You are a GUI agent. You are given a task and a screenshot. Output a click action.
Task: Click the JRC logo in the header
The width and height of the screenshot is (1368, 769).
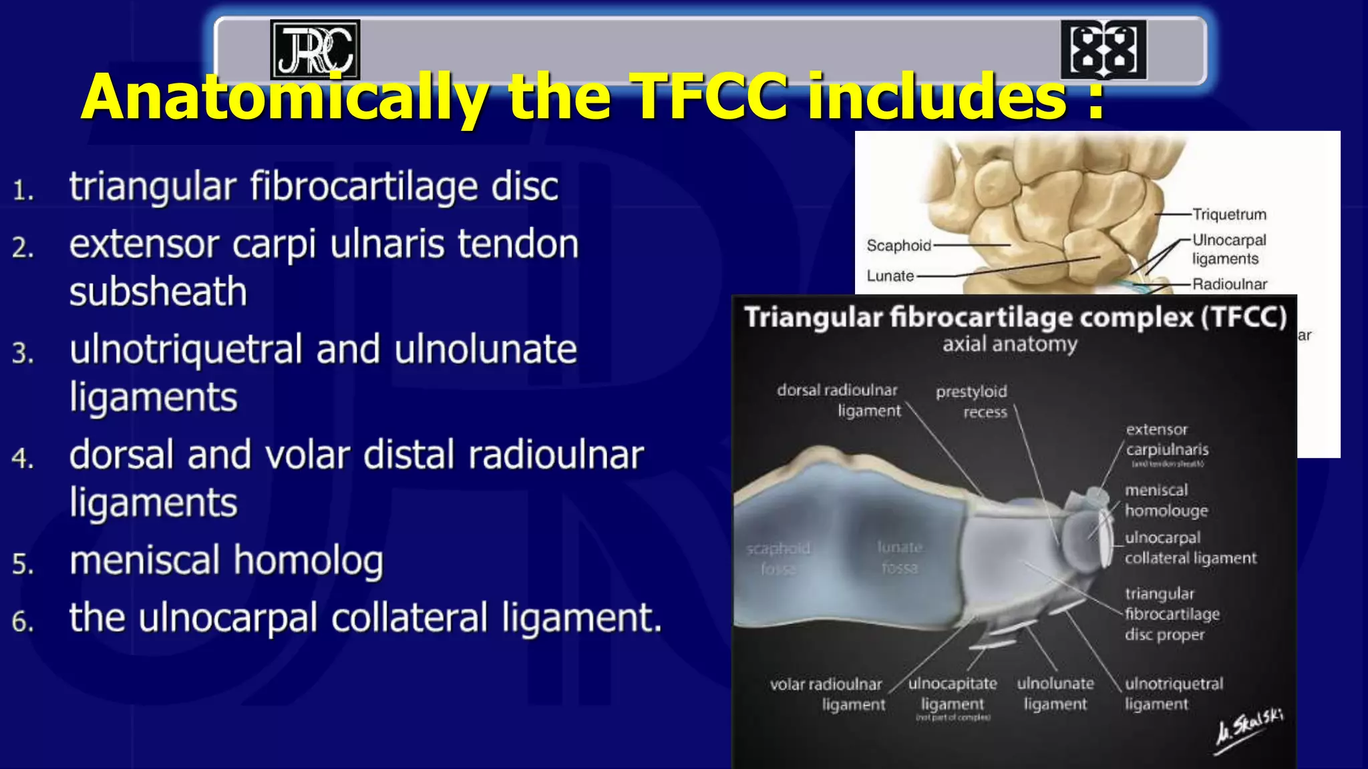315,49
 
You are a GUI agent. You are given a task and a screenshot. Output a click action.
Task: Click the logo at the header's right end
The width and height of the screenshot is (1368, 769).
1103,50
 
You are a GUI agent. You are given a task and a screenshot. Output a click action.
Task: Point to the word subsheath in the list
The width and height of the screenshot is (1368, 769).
158,292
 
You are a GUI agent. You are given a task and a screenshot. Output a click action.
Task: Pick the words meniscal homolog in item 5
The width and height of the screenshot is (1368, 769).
226,560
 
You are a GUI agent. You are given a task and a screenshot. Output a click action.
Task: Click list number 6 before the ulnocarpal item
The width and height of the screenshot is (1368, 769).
22,621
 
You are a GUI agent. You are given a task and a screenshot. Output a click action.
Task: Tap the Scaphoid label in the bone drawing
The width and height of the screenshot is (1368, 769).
898,246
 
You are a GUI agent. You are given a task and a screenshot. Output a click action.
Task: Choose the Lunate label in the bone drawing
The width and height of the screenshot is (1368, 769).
890,276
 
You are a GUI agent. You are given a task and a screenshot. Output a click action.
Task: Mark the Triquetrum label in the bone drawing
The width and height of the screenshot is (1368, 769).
1229,214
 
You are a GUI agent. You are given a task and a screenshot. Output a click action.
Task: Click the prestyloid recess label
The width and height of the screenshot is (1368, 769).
972,401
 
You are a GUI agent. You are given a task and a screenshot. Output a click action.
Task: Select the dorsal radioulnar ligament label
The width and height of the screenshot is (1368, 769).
838,400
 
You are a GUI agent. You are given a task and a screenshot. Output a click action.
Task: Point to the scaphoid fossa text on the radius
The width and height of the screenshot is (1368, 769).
778,558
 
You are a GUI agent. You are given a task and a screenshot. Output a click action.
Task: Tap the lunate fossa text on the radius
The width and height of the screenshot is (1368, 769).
900,557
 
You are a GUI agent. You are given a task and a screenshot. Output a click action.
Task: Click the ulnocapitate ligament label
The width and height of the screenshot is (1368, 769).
953,694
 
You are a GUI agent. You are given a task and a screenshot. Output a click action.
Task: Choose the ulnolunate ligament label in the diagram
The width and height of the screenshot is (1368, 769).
1055,694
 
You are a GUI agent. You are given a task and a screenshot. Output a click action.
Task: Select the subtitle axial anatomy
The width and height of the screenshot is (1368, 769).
1010,344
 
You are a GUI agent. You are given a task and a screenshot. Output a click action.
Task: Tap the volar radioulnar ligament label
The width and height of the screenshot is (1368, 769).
828,694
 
